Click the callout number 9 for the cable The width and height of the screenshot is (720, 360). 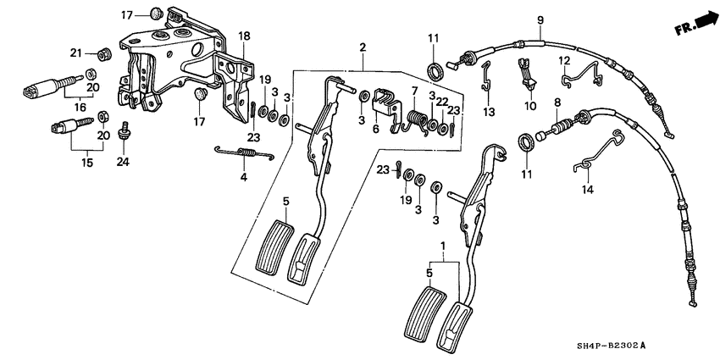pyautogui.click(x=539, y=19)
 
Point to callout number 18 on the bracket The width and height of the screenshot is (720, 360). pyautogui.click(x=244, y=36)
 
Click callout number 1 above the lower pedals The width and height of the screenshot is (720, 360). pyautogui.click(x=440, y=245)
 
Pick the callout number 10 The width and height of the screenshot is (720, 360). pyautogui.click(x=530, y=107)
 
